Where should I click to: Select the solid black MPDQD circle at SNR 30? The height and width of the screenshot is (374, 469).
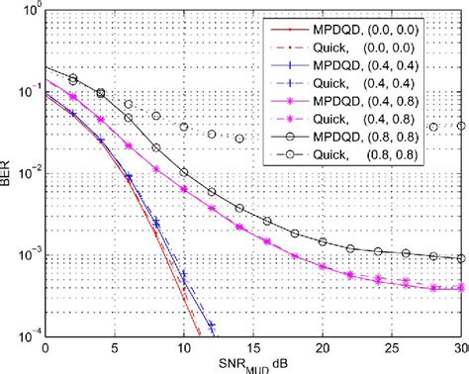(x=462, y=258)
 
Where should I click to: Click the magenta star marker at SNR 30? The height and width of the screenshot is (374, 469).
(x=462, y=288)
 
